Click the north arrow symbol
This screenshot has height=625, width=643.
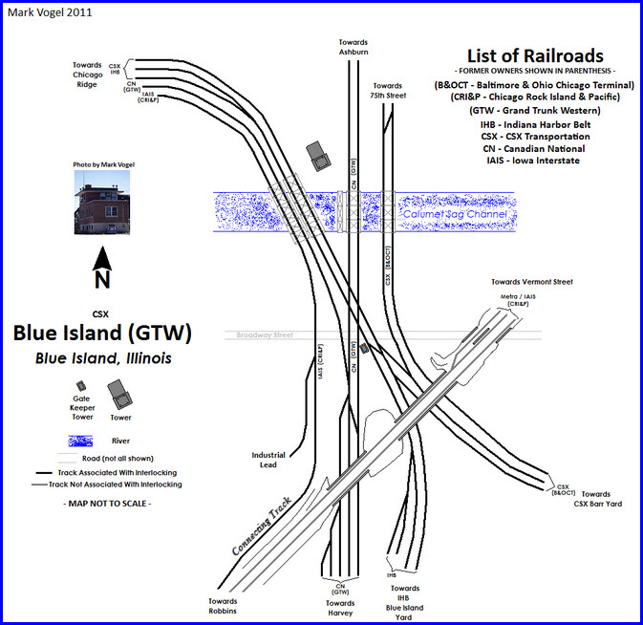click(102, 267)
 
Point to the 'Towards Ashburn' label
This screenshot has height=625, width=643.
click(353, 47)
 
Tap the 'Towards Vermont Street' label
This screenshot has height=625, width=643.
click(531, 282)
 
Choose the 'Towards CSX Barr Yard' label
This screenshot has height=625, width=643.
click(601, 499)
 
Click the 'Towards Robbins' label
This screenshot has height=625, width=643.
click(223, 605)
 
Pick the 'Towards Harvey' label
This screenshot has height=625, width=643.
click(339, 608)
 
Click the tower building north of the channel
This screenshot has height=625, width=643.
click(317, 155)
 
